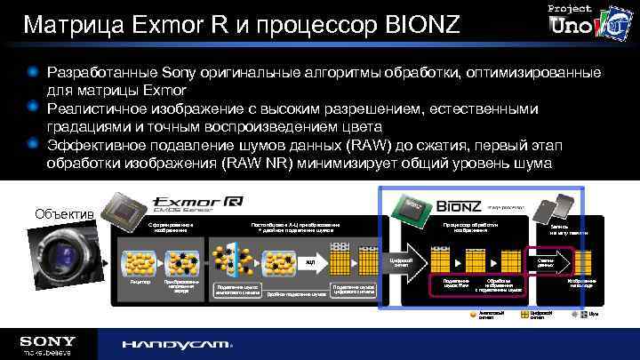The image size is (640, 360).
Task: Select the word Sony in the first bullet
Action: point(183,71)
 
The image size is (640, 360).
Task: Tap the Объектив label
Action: point(62,214)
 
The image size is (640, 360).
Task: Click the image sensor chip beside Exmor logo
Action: point(119,211)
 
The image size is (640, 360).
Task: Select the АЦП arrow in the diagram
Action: point(308,262)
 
